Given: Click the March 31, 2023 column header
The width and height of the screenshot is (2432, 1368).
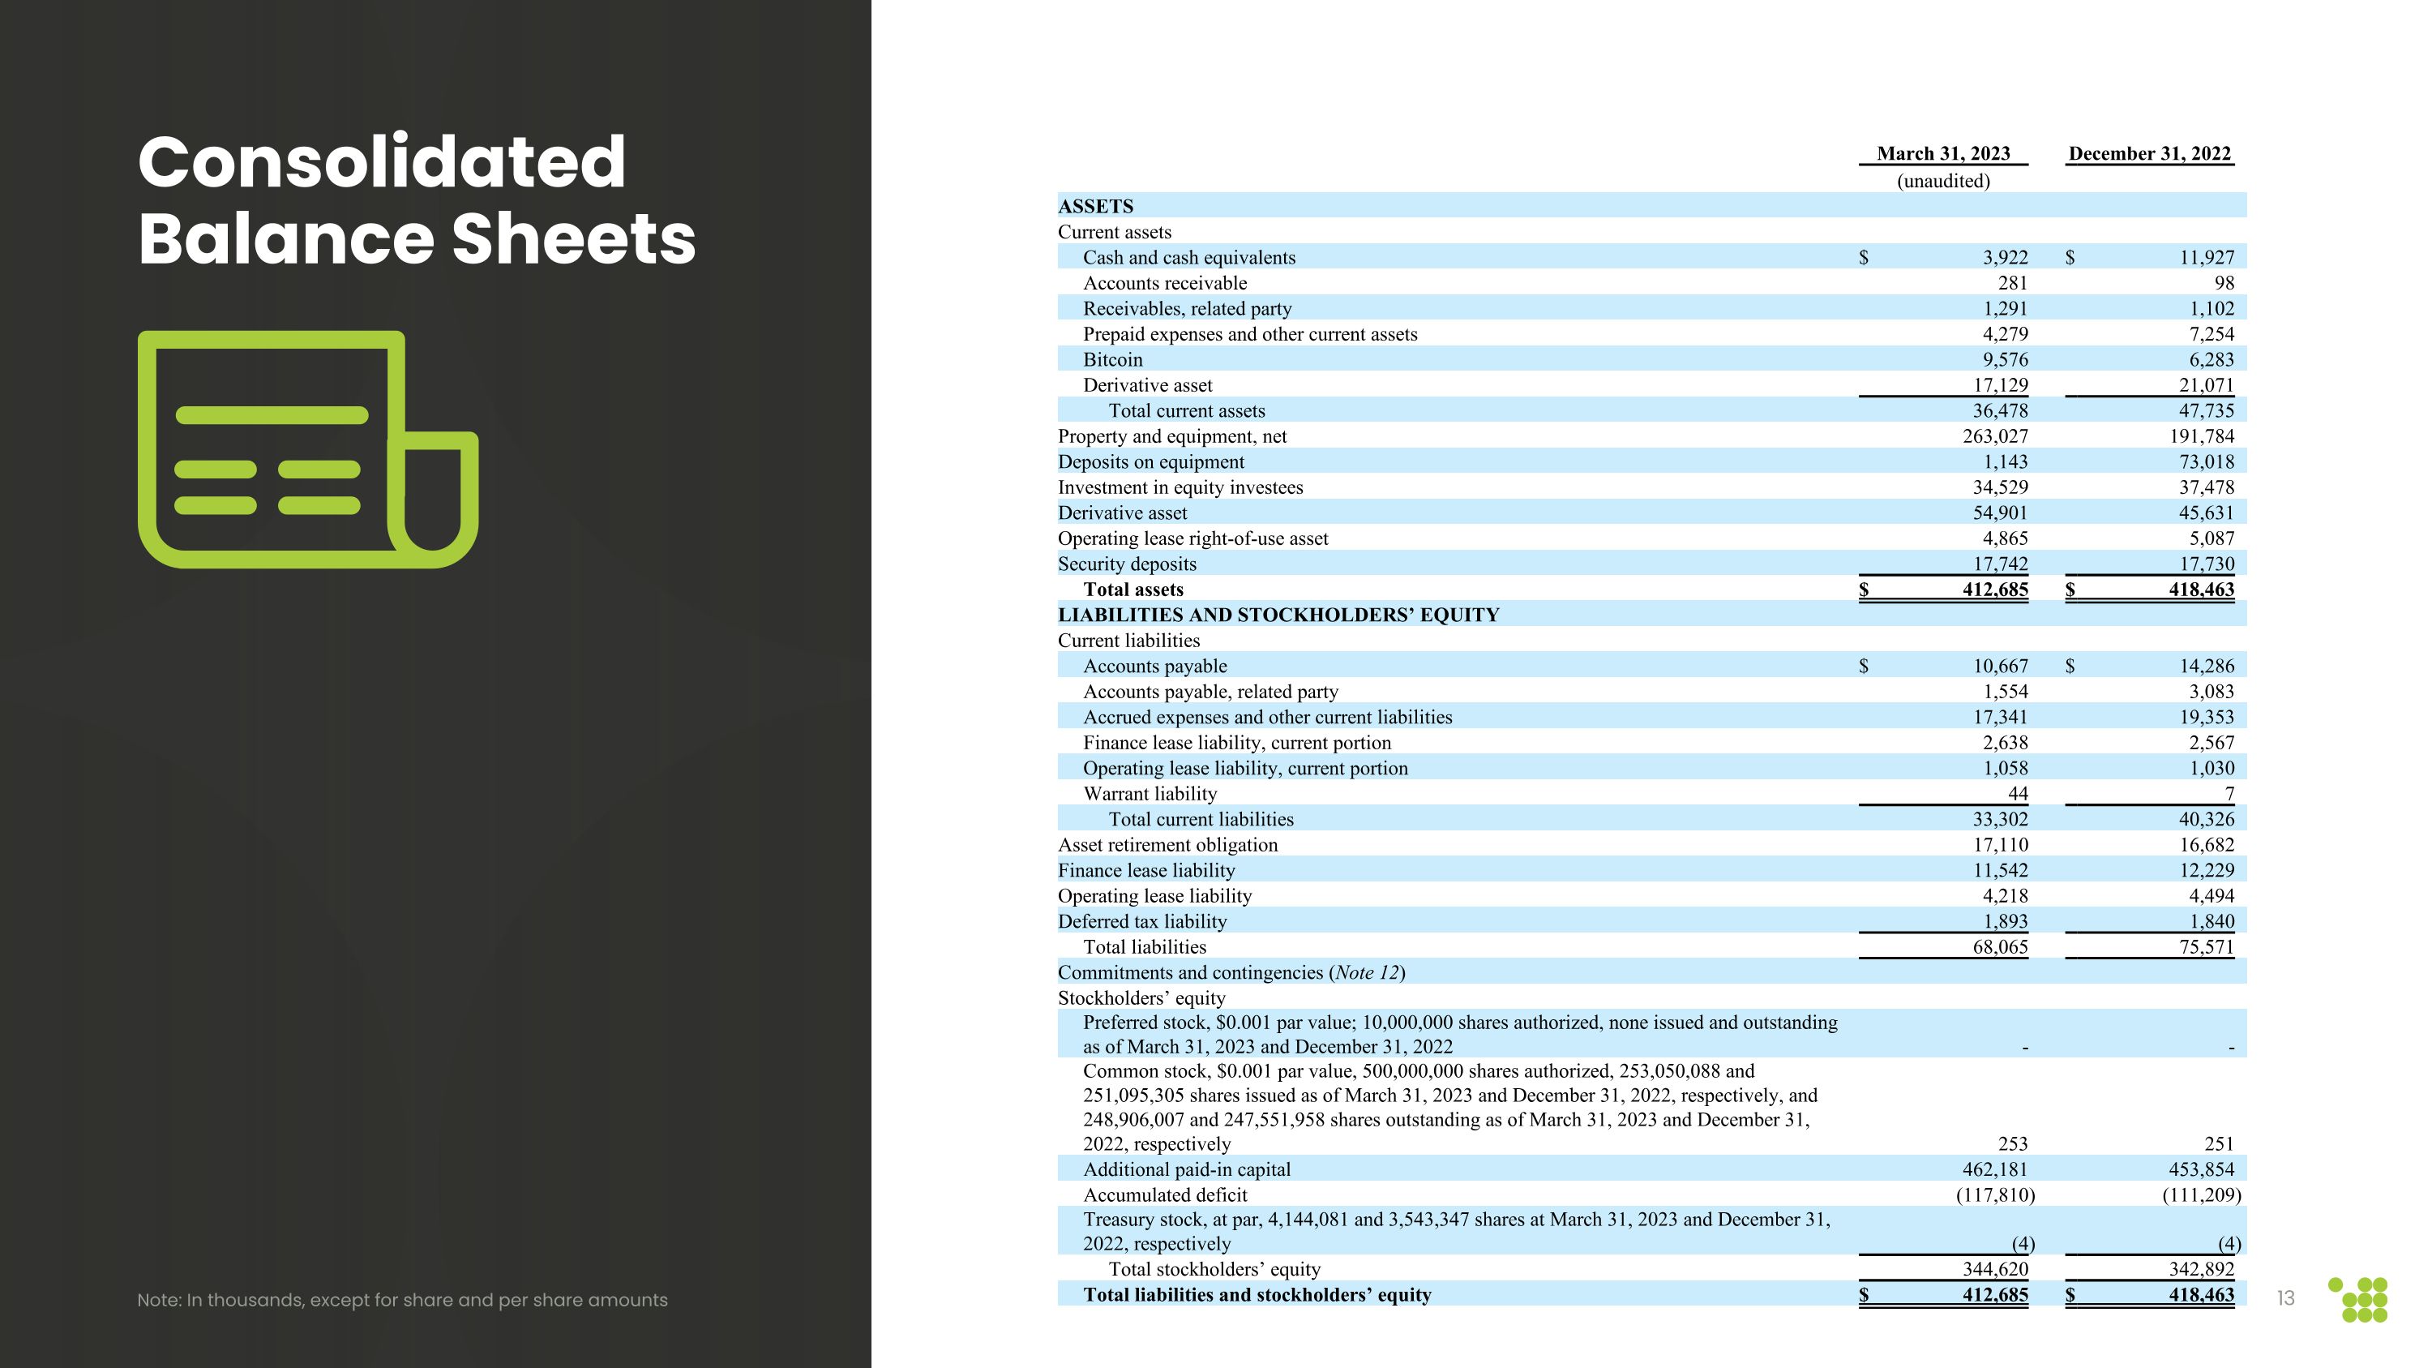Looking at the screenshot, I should pyautogui.click(x=1943, y=154).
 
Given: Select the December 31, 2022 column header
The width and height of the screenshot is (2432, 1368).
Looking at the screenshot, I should pyautogui.click(x=2149, y=154).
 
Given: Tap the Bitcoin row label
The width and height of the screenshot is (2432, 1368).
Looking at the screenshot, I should pyautogui.click(x=1112, y=360).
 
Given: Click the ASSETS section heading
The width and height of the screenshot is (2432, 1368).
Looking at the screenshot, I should pyautogui.click(x=1095, y=206).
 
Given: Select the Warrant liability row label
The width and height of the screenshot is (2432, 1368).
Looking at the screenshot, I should pyautogui.click(x=1149, y=794).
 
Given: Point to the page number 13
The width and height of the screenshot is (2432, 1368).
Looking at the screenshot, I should pyautogui.click(x=2285, y=1299).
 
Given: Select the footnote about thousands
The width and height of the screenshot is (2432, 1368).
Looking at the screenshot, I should pyautogui.click(x=402, y=1300).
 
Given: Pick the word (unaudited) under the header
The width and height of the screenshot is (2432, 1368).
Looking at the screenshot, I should pyautogui.click(x=1943, y=180).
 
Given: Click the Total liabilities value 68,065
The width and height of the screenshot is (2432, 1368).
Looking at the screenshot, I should pyautogui.click(x=2000, y=947).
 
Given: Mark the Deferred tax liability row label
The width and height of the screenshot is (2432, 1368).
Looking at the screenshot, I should pyautogui.click(x=1141, y=921).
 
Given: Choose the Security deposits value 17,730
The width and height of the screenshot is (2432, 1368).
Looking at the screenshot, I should pyautogui.click(x=2205, y=564).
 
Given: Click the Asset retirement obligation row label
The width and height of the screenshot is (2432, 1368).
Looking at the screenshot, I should pyautogui.click(x=1167, y=845).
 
